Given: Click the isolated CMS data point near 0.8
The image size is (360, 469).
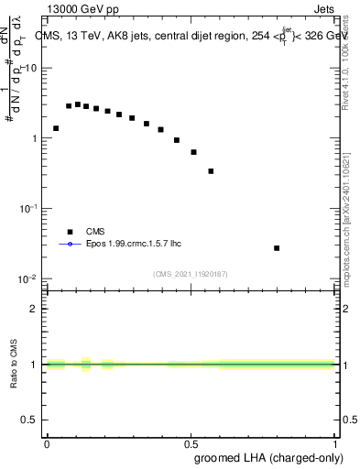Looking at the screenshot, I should click(x=277, y=248).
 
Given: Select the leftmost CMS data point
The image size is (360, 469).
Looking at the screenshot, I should click(x=56, y=128).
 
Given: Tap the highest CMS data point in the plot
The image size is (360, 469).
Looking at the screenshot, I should click(x=78, y=104).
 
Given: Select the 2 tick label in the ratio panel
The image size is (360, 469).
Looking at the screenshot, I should click(x=35, y=309).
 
